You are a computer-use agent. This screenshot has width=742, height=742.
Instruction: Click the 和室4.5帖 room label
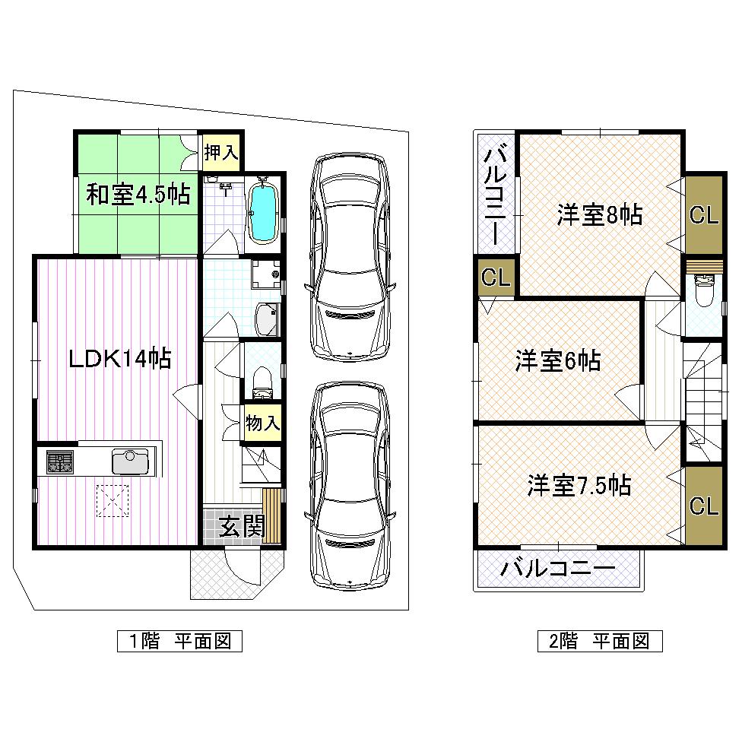tap(137, 195)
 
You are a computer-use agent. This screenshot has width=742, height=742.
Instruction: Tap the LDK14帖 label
tap(119, 358)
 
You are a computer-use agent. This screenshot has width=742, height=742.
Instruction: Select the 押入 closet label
tap(221, 153)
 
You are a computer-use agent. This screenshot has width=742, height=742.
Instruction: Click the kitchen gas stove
tap(60, 461)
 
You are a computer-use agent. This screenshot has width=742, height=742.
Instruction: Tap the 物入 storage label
tap(262, 423)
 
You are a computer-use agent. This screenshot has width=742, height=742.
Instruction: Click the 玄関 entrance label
tap(242, 526)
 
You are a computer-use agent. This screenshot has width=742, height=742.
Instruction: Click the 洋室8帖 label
tap(599, 216)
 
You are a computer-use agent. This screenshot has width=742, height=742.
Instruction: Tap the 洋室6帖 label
tap(558, 360)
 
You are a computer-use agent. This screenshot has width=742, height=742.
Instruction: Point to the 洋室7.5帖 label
tap(579, 484)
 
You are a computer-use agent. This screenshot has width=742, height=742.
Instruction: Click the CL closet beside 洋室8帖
tap(703, 215)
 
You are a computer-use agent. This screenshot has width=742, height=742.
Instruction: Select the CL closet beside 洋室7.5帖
tap(703, 506)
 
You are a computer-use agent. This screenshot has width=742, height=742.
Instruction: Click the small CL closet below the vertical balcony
tap(496, 277)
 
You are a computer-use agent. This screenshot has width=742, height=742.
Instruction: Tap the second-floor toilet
tap(704, 293)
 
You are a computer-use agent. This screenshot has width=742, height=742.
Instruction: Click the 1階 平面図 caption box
tap(179, 641)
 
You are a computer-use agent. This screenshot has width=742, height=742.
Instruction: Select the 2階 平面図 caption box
tap(599, 641)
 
